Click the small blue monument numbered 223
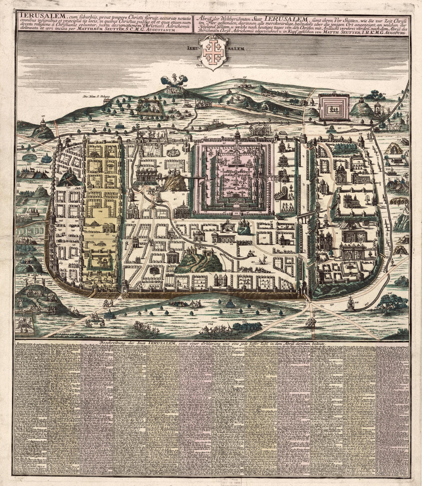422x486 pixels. click(230, 303)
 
